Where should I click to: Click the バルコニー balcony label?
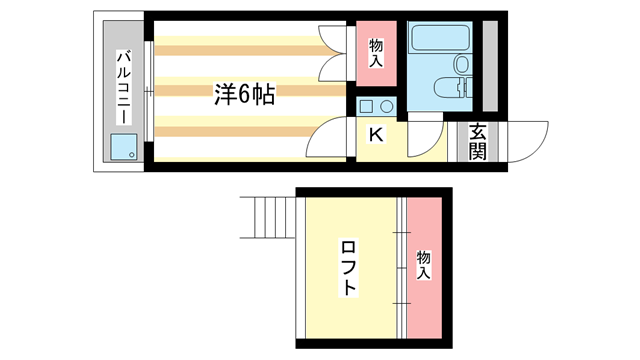click(x=123, y=88)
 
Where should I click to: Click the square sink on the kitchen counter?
click(x=367, y=108)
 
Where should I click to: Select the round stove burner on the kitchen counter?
click(x=387, y=108)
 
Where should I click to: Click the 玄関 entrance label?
click(x=477, y=141)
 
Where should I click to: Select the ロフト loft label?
click(x=348, y=267)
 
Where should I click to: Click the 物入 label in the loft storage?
click(x=424, y=264)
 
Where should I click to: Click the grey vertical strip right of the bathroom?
click(x=490, y=64)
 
